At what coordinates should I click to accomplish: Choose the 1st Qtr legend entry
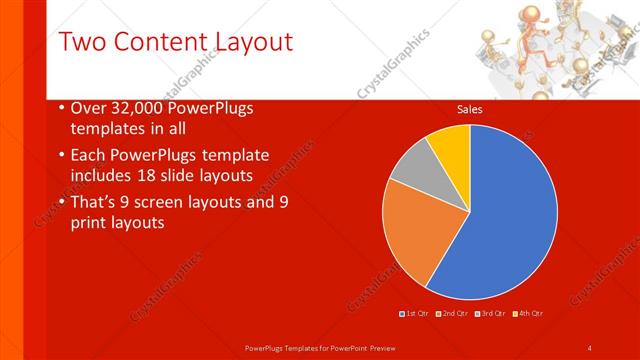click(416, 314)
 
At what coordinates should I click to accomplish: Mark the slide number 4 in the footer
click(590, 347)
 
